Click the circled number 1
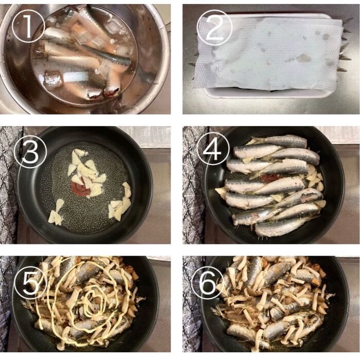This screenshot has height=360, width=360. point(28,26)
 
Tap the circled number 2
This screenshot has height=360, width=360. point(214,27)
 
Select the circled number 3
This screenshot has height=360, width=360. point(30,152)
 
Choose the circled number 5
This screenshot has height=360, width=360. point(30,282)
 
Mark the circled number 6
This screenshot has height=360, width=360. point(208,283)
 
